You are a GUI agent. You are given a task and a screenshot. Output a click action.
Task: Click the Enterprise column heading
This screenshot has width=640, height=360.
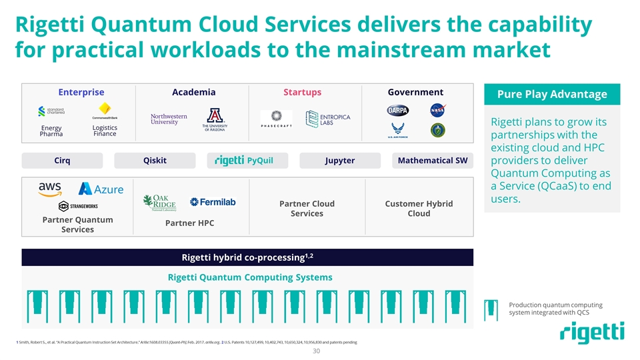click(x=81, y=93)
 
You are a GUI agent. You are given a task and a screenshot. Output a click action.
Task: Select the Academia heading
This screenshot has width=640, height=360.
click(x=193, y=93)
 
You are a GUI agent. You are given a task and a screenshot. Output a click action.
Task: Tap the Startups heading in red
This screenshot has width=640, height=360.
click(x=302, y=93)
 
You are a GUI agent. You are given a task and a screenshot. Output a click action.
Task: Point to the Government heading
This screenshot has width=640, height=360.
click(x=415, y=93)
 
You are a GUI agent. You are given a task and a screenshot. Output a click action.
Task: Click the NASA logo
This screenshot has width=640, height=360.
click(x=437, y=110)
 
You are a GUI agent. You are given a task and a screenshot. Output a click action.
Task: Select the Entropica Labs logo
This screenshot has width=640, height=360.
click(x=327, y=119)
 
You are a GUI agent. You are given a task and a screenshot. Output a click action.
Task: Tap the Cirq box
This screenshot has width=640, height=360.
click(x=62, y=161)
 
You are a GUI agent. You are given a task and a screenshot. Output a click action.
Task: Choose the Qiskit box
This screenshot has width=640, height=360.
click(x=155, y=161)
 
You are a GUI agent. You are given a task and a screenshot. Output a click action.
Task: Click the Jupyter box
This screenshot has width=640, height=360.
click(x=339, y=161)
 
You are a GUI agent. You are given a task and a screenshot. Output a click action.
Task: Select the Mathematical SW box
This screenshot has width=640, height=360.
click(x=432, y=161)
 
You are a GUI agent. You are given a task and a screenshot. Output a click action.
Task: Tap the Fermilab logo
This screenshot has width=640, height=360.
click(x=213, y=202)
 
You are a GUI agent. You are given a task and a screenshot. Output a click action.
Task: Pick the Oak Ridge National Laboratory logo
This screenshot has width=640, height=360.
click(x=159, y=202)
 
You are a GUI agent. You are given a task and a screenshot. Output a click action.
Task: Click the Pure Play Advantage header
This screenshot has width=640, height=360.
click(x=552, y=94)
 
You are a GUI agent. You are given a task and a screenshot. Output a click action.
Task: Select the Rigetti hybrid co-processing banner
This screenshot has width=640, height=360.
click(x=247, y=257)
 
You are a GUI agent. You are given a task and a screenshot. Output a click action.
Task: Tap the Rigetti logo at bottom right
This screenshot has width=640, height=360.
click(x=592, y=333)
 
